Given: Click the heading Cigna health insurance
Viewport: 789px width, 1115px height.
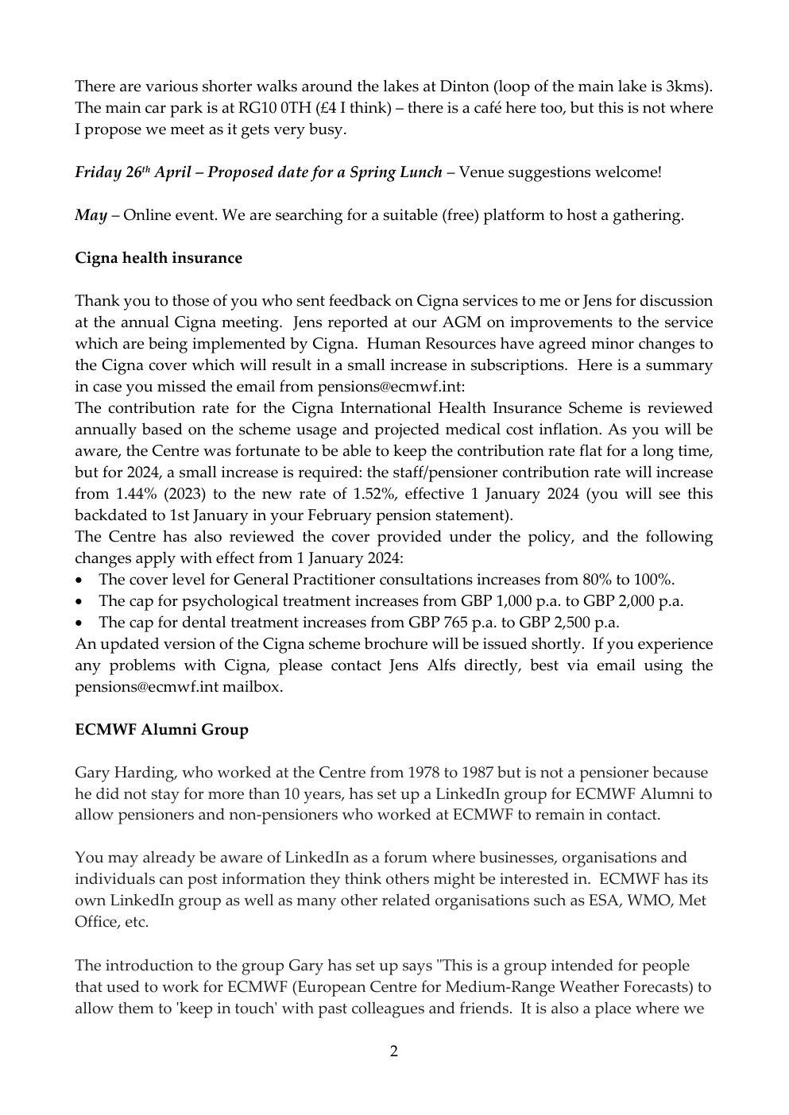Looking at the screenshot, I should click(x=158, y=257).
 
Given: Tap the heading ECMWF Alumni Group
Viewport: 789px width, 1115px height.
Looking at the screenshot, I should click(x=161, y=729).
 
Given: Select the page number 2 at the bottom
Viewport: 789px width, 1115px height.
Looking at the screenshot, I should click(x=394, y=1051).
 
